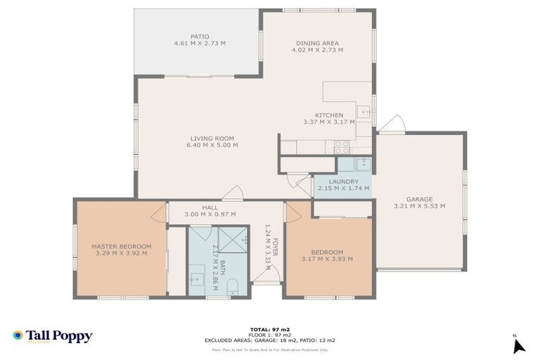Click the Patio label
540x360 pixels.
click(199, 37)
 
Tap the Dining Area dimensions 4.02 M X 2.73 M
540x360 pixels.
click(319, 50)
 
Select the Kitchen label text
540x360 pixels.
click(328, 115)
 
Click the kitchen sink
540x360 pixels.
click(364, 111)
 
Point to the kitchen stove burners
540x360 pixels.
click(342, 147)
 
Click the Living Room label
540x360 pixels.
click(212, 139)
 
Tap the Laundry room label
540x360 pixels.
click(343, 181)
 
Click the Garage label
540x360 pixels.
click(419, 199)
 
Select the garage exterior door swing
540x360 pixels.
click(393, 124)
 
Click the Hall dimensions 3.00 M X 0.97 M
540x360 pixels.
click(210, 214)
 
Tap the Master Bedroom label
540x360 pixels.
click(122, 246)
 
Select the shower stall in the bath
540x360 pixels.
click(233, 240)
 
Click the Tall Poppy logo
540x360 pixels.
click(52, 336)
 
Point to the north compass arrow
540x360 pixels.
click(518, 345)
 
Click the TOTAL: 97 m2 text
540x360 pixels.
click(269, 328)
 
